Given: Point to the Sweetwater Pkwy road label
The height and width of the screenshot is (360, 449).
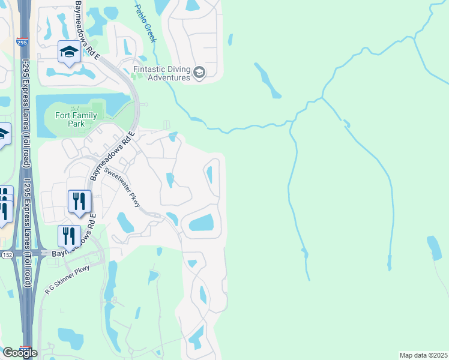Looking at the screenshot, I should [x=122, y=187].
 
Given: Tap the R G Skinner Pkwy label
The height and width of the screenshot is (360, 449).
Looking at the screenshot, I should [x=67, y=280].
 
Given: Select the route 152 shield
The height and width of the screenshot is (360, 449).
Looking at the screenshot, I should [x=5, y=254].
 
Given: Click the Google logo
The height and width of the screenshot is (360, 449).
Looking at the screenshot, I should [x=20, y=352].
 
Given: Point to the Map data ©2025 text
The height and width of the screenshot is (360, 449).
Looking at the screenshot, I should [x=423, y=355].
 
